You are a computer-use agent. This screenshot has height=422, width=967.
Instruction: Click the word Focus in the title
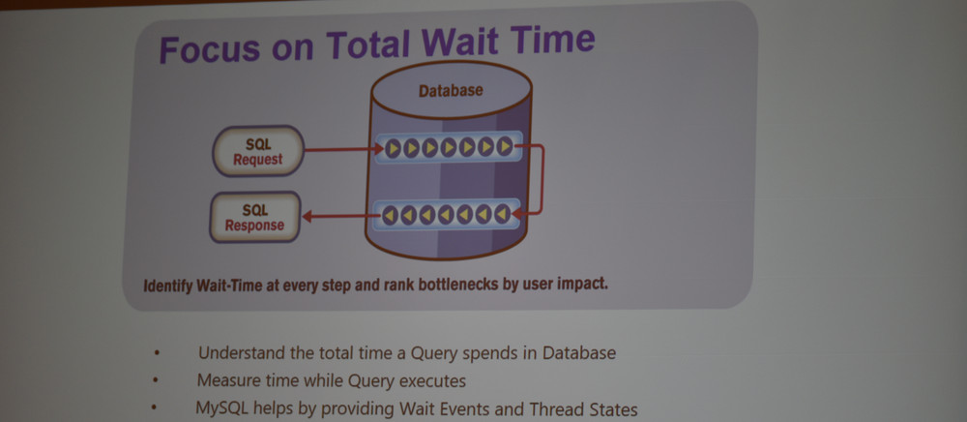click(x=209, y=48)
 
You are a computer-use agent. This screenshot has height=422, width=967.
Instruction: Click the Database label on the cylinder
click(x=451, y=91)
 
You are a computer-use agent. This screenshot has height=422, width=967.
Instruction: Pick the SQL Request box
click(x=258, y=151)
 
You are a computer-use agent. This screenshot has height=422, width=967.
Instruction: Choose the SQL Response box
click(x=254, y=217)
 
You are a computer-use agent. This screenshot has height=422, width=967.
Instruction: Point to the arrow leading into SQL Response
click(x=341, y=216)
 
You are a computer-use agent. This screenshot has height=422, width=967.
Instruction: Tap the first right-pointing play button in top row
click(x=394, y=148)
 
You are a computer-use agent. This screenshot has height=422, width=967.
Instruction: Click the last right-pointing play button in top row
click(x=505, y=146)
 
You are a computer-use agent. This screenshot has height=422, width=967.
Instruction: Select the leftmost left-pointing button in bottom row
click(x=390, y=215)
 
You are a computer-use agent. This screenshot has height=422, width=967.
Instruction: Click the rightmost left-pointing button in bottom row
click(x=503, y=214)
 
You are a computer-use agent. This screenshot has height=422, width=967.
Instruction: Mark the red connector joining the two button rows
click(x=542, y=179)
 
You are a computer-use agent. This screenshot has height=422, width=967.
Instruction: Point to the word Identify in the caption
click(x=167, y=286)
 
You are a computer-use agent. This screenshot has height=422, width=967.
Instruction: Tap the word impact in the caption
click(x=586, y=285)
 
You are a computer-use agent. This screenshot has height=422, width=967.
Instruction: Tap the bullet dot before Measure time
click(x=156, y=380)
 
